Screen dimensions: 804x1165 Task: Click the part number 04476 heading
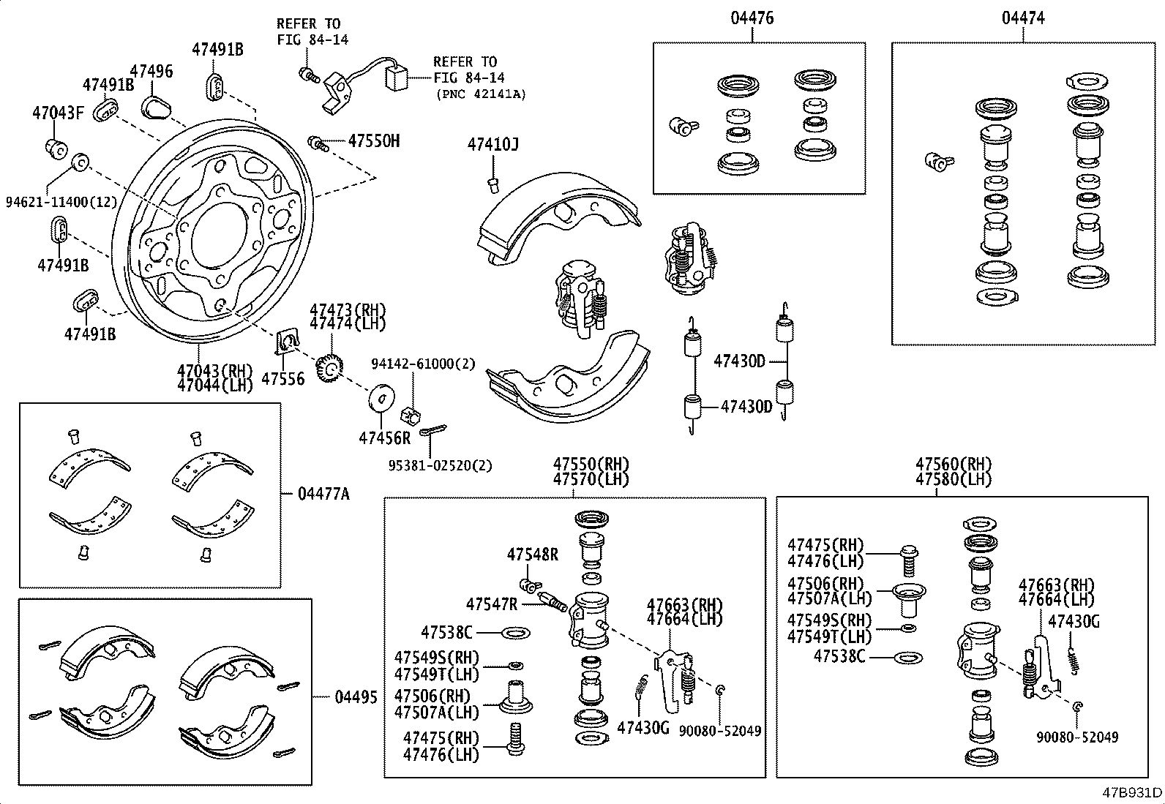click(x=752, y=18)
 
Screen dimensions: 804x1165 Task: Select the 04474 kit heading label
click(x=1023, y=18)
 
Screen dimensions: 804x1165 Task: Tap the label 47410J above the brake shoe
click(x=492, y=145)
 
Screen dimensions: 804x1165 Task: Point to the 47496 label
click(x=151, y=71)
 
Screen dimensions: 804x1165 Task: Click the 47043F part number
click(x=59, y=113)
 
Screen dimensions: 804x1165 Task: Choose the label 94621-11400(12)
click(x=61, y=201)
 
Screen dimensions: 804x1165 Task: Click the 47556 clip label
click(x=282, y=379)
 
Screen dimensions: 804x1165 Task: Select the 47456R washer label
click(x=384, y=438)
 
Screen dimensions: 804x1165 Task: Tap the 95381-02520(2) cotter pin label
click(x=440, y=465)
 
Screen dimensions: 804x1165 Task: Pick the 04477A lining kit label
click(x=323, y=495)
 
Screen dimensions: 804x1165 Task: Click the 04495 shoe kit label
click(x=356, y=697)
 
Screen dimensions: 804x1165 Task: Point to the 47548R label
click(x=532, y=555)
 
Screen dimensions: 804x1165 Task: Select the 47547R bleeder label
click(x=492, y=604)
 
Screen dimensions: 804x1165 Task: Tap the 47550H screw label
click(x=373, y=140)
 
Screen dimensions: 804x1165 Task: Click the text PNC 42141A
click(x=480, y=94)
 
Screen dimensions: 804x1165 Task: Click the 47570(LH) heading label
click(x=591, y=480)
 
